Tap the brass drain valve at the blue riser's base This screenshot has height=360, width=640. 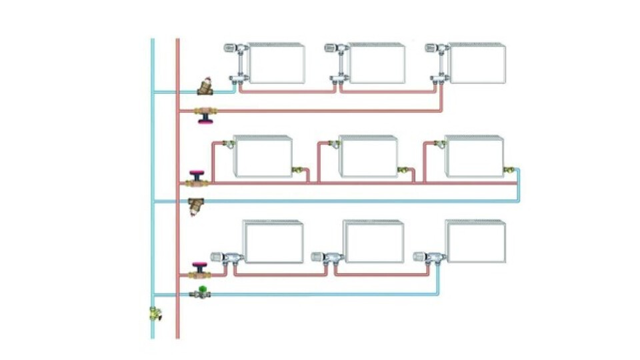(x=155, y=313)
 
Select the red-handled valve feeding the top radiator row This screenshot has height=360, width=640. (x=205, y=115)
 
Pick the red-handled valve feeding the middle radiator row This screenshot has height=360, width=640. (x=198, y=178)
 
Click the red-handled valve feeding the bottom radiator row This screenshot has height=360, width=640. (x=199, y=270)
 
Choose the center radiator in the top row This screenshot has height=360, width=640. (x=377, y=63)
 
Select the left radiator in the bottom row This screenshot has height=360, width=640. (x=273, y=242)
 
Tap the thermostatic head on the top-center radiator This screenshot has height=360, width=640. (x=332, y=48)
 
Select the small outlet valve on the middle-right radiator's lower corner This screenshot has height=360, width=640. (x=509, y=171)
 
